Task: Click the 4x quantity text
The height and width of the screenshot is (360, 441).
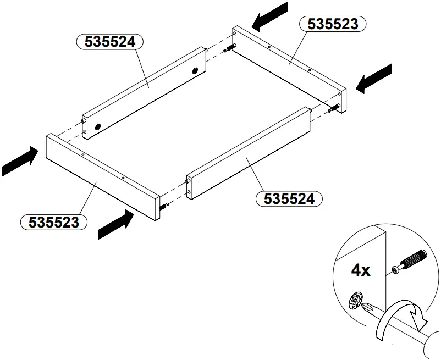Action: click(x=361, y=270)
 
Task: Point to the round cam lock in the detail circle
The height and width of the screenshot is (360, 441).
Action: click(x=357, y=302)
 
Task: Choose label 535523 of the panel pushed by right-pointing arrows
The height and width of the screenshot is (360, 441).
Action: click(x=53, y=222)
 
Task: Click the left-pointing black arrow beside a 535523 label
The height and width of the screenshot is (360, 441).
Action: click(x=270, y=16)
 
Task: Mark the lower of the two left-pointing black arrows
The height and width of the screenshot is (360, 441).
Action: click(x=374, y=78)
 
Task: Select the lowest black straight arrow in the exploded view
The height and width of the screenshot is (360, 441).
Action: click(x=116, y=226)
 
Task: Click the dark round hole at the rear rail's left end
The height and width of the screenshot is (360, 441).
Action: click(x=98, y=126)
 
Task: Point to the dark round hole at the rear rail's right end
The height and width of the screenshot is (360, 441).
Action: click(x=195, y=70)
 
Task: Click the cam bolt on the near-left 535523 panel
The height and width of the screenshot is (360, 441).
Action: click(x=164, y=206)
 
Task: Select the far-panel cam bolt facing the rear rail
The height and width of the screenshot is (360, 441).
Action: click(x=229, y=49)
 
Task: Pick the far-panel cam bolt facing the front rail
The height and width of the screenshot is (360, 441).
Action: click(x=332, y=109)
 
